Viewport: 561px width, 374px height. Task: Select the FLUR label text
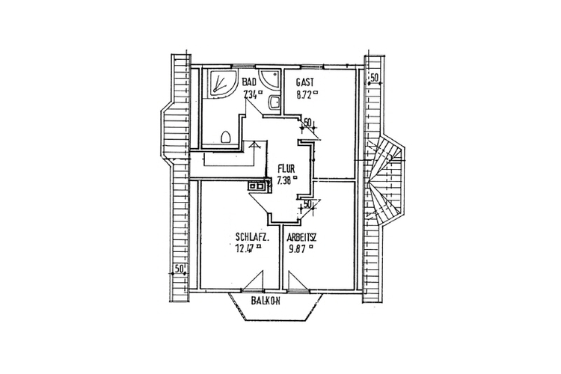pos(285,168)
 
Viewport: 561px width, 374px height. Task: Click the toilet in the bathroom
pos(226,136)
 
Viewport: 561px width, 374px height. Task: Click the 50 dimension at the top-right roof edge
pos(374,78)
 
